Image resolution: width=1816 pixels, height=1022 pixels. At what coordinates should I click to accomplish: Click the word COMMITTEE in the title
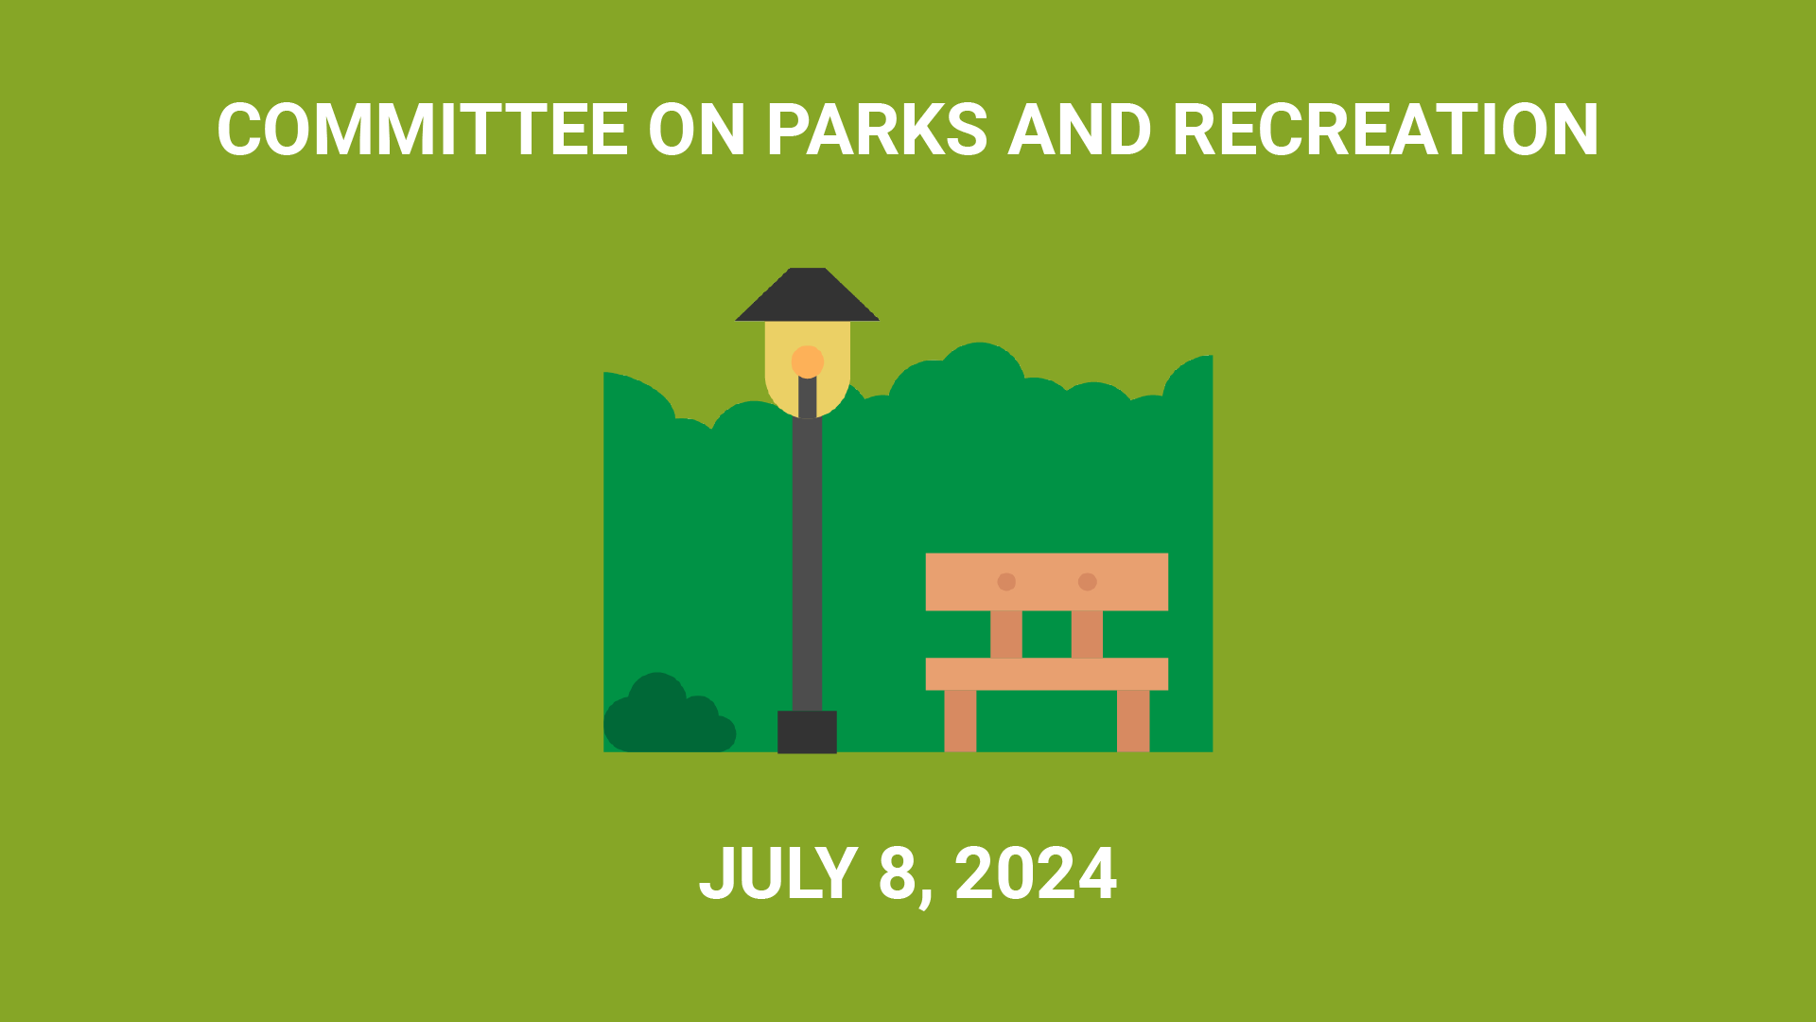coord(423,130)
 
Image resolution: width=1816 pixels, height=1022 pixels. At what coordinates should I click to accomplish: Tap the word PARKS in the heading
coord(877,130)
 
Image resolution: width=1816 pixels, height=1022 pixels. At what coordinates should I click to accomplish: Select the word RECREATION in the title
coord(1386,130)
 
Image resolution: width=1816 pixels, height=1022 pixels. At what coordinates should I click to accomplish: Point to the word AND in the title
coord(1079,130)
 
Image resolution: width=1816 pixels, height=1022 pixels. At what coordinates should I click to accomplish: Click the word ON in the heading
coord(697,130)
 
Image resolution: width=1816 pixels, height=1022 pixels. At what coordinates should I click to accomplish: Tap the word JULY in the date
coord(777,873)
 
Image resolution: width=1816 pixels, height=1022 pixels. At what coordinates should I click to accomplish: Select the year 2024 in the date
coord(1036,873)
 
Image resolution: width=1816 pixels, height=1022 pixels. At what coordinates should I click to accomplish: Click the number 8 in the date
coord(898,873)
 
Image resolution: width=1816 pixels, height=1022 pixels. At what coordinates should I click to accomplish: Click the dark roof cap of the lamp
coord(807,294)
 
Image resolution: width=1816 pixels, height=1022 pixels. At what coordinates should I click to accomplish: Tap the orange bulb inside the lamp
coord(808,361)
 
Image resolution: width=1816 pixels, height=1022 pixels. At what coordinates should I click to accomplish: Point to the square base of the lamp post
coord(807,731)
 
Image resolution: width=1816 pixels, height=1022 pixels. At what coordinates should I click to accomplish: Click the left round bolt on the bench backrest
coord(1006,582)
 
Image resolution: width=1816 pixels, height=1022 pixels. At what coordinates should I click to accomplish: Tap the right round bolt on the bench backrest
coord(1088,582)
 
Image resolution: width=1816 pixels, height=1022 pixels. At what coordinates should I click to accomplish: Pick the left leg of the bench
coord(960,721)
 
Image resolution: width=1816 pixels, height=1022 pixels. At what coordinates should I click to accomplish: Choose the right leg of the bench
coord(1133,721)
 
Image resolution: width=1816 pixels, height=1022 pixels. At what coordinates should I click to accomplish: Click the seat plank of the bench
coord(1047,674)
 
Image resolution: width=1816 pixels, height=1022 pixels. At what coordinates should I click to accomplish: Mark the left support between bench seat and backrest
coord(1006,634)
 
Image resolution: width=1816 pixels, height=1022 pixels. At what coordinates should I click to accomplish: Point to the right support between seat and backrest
coord(1087,634)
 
